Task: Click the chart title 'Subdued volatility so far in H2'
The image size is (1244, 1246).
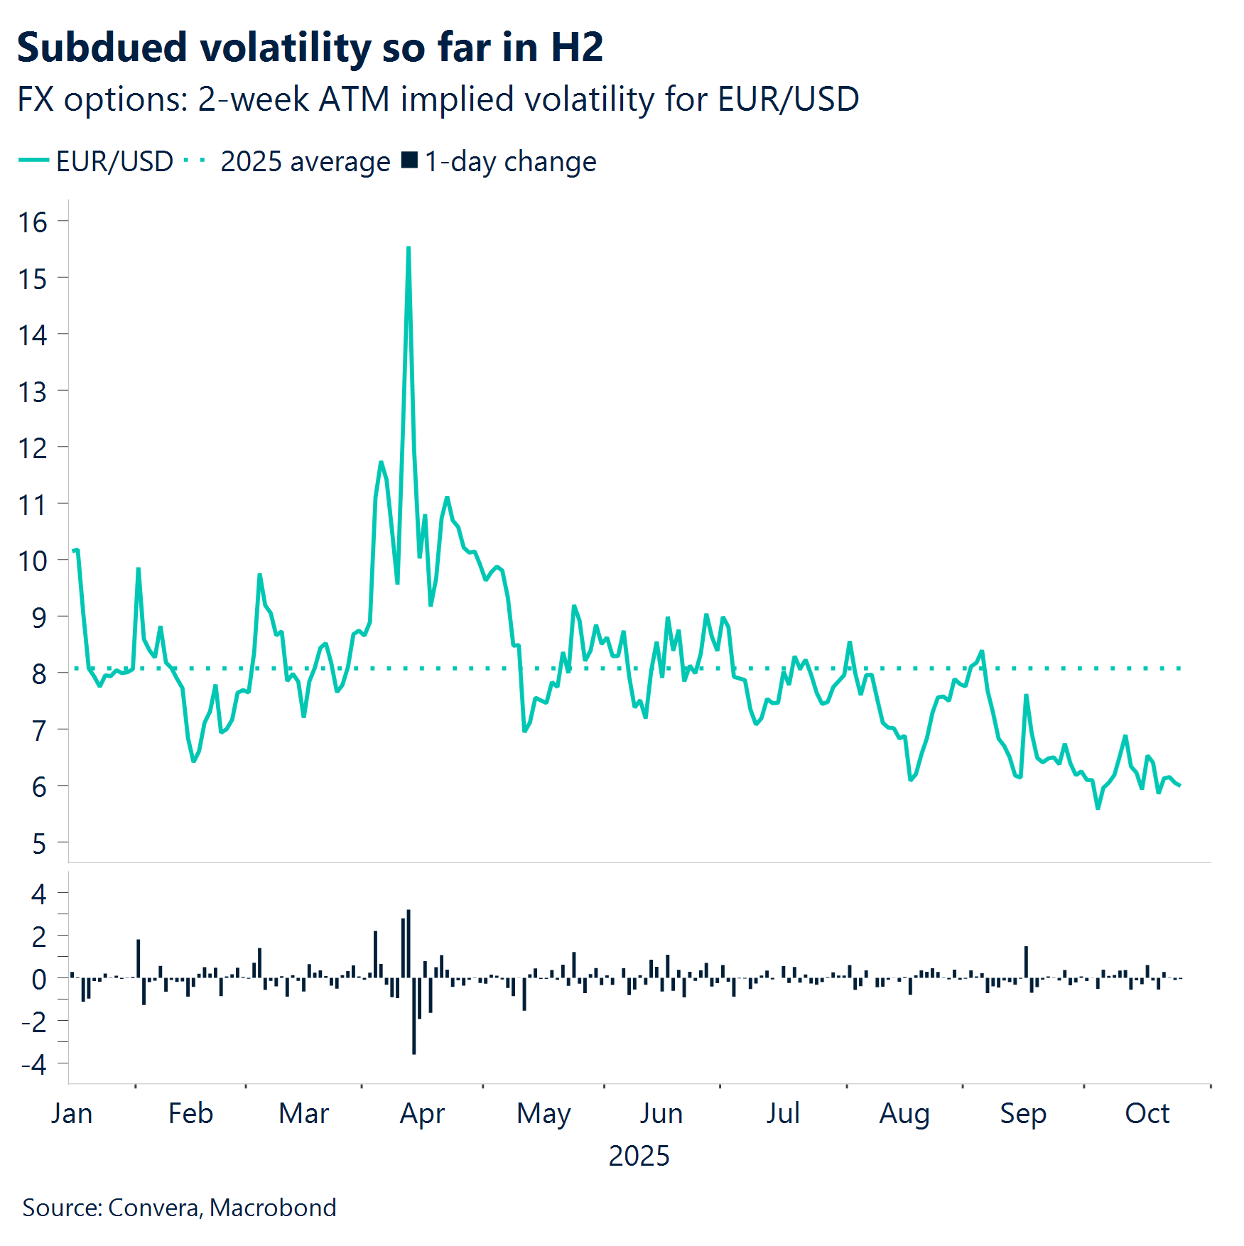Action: point(310,48)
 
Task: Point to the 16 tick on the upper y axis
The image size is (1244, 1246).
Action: point(33,222)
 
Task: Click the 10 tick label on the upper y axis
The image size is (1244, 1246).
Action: point(33,561)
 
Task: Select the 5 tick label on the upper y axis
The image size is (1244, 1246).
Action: point(39,844)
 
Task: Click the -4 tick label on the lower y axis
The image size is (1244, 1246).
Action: point(34,1064)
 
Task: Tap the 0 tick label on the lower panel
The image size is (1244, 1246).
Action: point(39,980)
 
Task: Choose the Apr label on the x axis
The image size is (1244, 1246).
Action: point(422,1114)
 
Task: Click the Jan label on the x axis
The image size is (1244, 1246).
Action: point(72,1114)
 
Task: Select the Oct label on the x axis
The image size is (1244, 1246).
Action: point(1147,1114)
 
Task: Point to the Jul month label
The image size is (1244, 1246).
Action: point(783,1114)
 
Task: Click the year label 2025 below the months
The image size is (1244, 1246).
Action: point(639,1156)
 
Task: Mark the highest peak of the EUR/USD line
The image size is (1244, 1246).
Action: point(409,248)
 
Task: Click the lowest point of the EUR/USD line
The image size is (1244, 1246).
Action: point(1098,808)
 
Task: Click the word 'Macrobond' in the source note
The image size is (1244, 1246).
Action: point(273,1208)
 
